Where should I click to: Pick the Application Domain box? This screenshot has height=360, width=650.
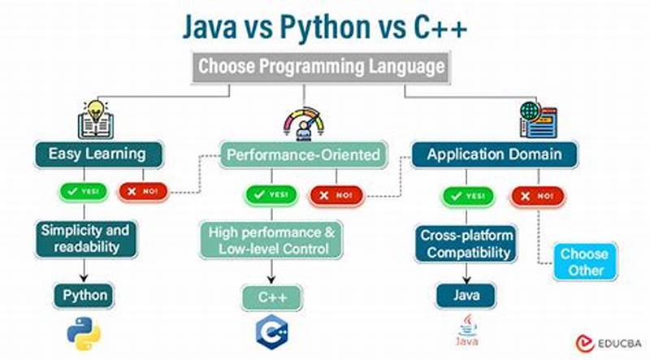pos(495,154)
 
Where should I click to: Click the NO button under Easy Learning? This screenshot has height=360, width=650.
pos(142,193)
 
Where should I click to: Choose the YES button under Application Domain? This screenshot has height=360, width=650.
pos(467,195)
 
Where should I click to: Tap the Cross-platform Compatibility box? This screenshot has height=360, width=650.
pos(466,244)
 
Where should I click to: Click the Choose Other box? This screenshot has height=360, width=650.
pos(584,262)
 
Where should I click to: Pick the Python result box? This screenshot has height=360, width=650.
pos(84,295)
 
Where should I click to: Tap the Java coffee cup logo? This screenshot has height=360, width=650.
pos(466,332)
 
